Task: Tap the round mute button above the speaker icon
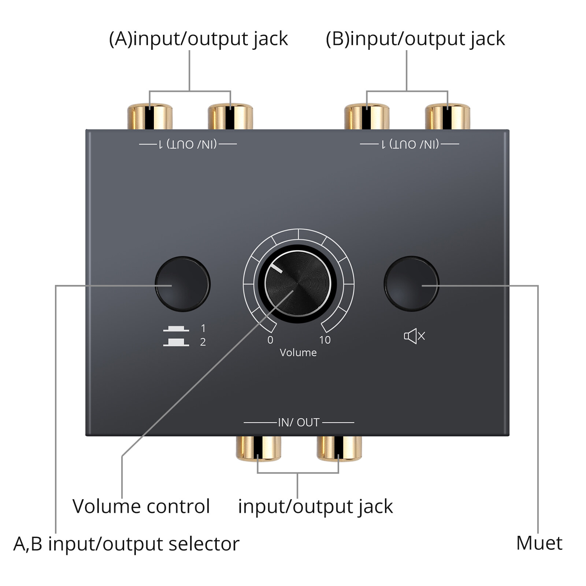[411, 283]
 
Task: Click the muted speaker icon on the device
[414, 336]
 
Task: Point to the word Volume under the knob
[298, 352]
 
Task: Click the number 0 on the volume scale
[270, 340]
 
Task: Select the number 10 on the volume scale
[325, 340]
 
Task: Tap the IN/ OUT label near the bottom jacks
[299, 422]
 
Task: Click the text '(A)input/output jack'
[198, 39]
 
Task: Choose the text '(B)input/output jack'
[415, 39]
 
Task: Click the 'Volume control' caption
[141, 507]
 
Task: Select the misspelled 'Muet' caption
[539, 543]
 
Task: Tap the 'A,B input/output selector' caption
[126, 544]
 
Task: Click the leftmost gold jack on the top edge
[150, 116]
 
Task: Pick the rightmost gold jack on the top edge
[447, 116]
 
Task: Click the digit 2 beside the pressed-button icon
[203, 342]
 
